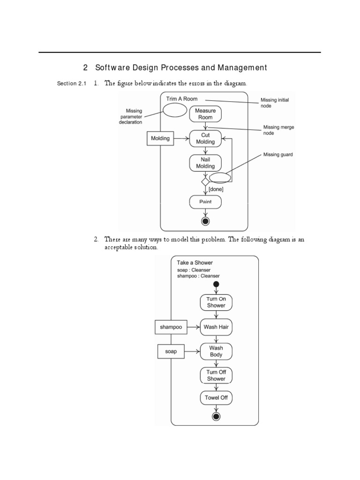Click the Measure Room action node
click(x=205, y=114)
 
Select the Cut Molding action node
click(x=205, y=138)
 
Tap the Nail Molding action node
click(x=205, y=163)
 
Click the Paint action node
click(x=205, y=202)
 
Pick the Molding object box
click(x=160, y=138)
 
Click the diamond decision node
click(x=205, y=181)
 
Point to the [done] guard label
click(x=216, y=189)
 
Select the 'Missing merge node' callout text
click(x=277, y=130)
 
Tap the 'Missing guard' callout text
click(x=277, y=155)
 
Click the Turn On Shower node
click(x=216, y=302)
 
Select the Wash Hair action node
click(x=216, y=327)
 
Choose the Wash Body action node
click(x=216, y=351)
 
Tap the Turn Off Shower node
click(x=216, y=375)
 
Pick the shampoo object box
click(x=171, y=327)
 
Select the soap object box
click(x=171, y=351)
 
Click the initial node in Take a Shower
click(x=216, y=285)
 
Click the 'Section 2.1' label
click(x=72, y=84)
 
